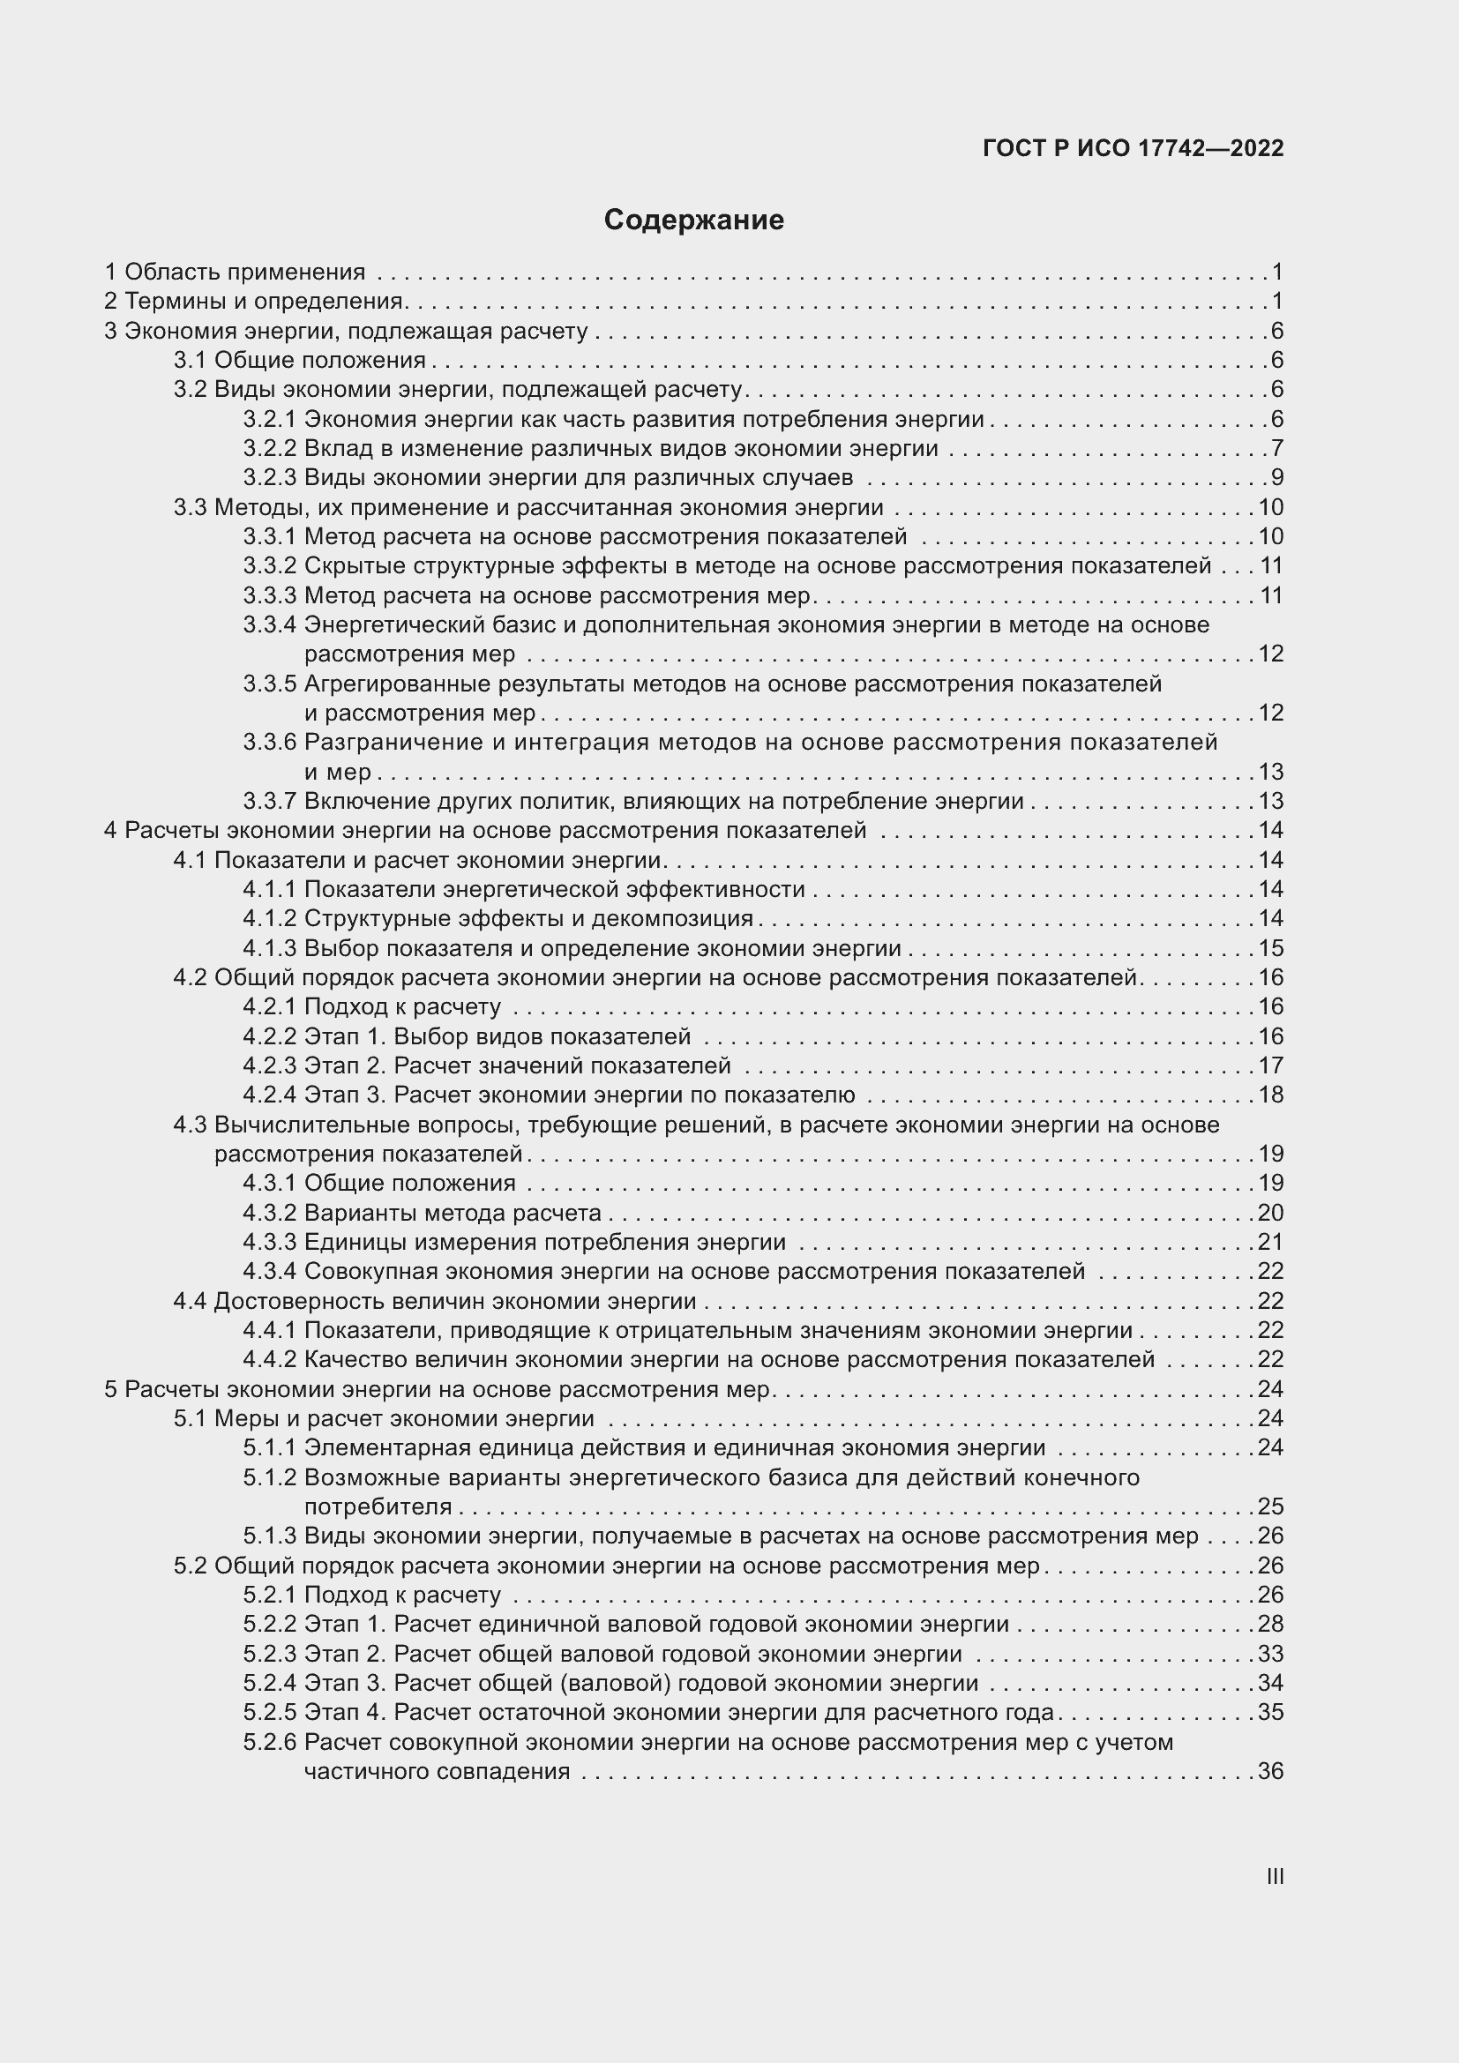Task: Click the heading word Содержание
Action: (x=693, y=221)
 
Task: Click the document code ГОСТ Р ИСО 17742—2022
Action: (x=1133, y=148)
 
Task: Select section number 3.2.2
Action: (x=269, y=448)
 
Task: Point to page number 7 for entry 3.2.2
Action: (x=1276, y=448)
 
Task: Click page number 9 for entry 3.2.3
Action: (x=1276, y=477)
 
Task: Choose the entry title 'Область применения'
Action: (x=244, y=272)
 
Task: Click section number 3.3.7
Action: (x=269, y=801)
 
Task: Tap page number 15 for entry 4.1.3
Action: (x=1270, y=948)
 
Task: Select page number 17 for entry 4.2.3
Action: (x=1270, y=1065)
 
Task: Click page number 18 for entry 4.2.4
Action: (x=1270, y=1095)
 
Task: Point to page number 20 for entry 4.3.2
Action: (x=1270, y=1213)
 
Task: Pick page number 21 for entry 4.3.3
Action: (x=1270, y=1242)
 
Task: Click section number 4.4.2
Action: (x=269, y=1359)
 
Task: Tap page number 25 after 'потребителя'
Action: (x=1270, y=1506)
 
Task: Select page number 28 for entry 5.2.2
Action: (x=1270, y=1625)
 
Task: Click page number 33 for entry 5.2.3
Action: (x=1270, y=1654)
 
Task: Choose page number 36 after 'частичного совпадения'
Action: (x=1270, y=1772)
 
